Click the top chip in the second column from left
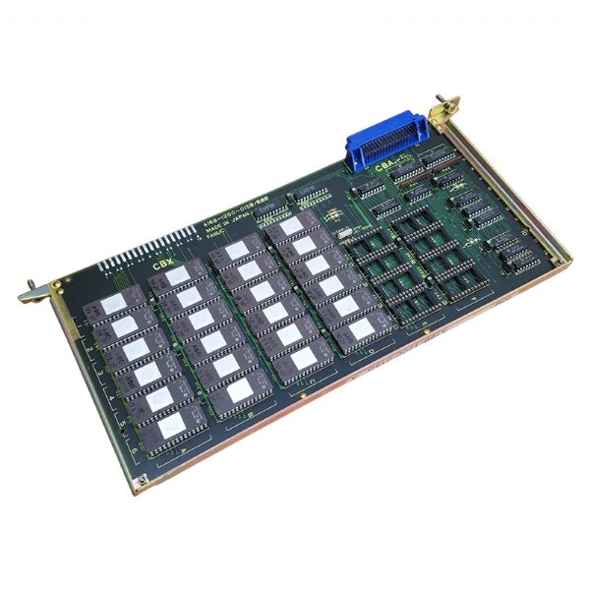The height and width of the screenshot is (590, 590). (177, 276)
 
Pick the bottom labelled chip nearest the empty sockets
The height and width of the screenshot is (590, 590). (359, 328)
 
